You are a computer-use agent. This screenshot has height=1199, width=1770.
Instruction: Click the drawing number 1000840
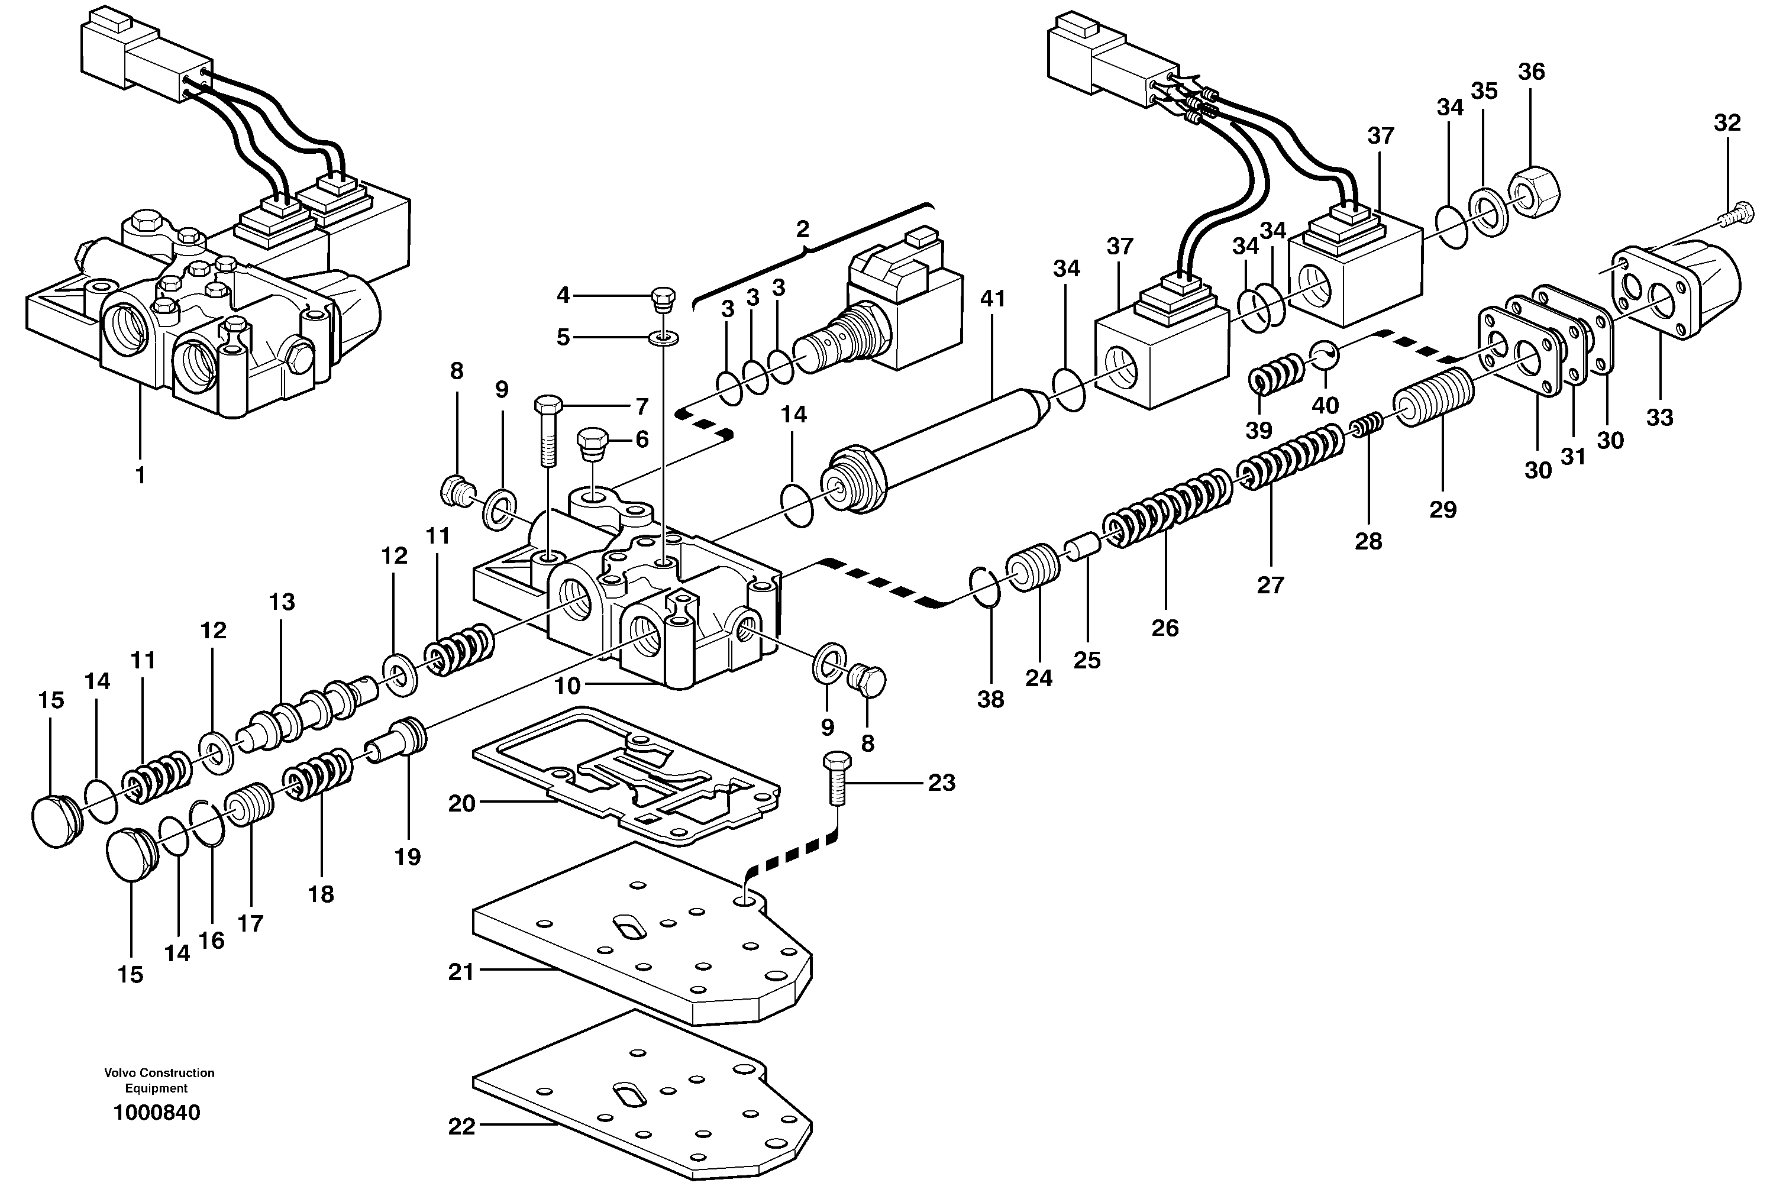pyautogui.click(x=156, y=1113)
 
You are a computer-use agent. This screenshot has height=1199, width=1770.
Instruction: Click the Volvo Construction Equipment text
pyautogui.click(x=159, y=1080)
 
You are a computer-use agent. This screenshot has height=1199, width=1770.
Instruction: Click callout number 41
pyautogui.click(x=993, y=299)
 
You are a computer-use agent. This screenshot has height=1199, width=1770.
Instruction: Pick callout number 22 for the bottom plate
pyautogui.click(x=461, y=1125)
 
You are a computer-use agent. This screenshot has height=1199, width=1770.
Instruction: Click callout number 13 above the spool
pyautogui.click(x=281, y=602)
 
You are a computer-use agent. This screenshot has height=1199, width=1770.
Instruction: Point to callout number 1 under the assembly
pyautogui.click(x=140, y=474)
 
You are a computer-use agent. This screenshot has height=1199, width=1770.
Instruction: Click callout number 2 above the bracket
pyautogui.click(x=802, y=230)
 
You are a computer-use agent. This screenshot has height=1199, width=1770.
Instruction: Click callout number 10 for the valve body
pyautogui.click(x=567, y=686)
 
